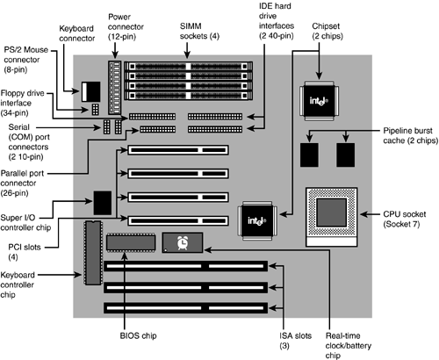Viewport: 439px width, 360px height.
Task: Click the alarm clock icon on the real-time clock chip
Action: click(x=183, y=243)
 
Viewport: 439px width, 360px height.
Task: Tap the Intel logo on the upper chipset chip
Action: click(x=319, y=101)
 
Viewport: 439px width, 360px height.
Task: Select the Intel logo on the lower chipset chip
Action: click(x=257, y=221)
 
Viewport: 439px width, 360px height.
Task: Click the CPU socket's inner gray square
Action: click(x=332, y=212)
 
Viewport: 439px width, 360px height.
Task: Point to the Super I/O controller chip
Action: click(x=103, y=203)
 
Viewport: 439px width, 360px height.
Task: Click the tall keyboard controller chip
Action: click(x=93, y=253)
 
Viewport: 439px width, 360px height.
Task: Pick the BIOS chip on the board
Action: click(x=131, y=242)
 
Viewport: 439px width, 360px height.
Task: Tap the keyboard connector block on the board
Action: click(x=91, y=92)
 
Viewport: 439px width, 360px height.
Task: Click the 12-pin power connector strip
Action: click(x=114, y=88)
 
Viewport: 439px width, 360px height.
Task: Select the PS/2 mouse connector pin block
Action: click(x=95, y=109)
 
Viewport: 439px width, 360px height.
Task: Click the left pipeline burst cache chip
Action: click(x=309, y=155)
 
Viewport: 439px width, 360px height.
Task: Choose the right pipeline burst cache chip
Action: click(x=346, y=155)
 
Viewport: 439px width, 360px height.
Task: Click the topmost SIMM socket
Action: click(x=189, y=66)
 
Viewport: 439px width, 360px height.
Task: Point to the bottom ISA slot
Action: click(x=186, y=308)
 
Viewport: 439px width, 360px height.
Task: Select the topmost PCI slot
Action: click(x=178, y=150)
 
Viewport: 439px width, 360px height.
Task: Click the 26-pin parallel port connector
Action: click(x=158, y=129)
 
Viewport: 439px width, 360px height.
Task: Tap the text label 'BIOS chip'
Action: click(x=138, y=335)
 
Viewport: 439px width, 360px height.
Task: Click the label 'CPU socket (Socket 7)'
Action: click(x=405, y=220)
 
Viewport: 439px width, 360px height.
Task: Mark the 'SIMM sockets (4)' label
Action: click(x=199, y=31)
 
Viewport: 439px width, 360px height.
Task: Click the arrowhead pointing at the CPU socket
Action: click(x=363, y=214)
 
